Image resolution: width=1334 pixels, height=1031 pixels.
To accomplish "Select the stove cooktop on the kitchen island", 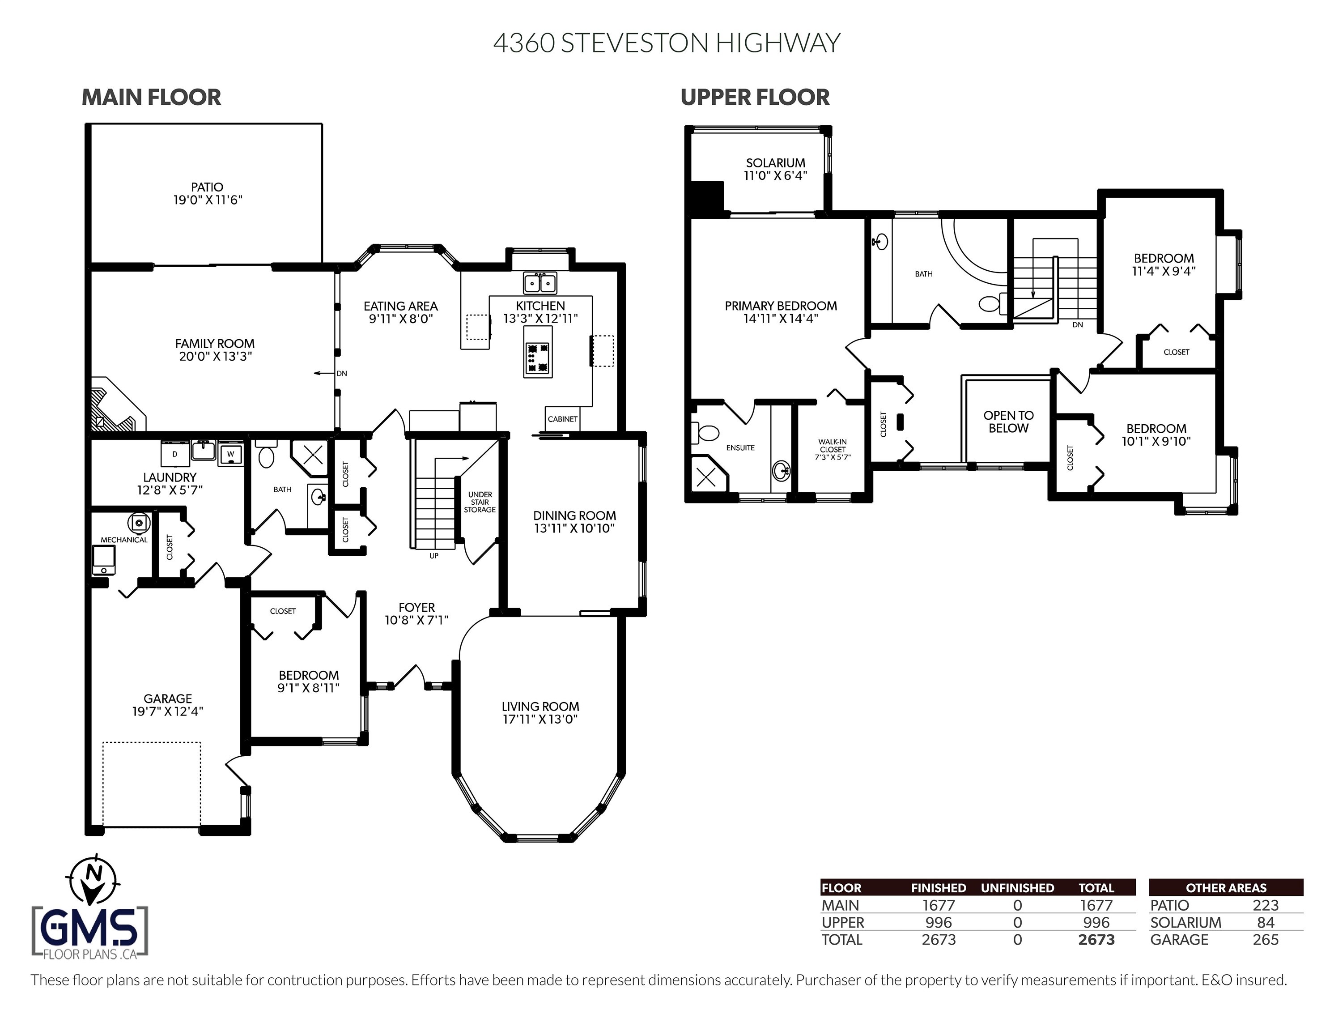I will tap(538, 358).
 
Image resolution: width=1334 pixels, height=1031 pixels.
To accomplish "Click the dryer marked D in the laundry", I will tap(174, 454).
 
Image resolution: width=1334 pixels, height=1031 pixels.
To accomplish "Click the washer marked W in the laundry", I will tap(231, 454).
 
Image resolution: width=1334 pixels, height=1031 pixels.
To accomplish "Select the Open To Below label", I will tap(1008, 422).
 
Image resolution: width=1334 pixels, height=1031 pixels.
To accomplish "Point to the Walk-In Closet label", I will tap(833, 449).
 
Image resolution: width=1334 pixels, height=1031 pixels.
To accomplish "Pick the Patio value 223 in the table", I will tap(1265, 905).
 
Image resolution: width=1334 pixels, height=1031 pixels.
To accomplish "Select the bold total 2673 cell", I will tap(1096, 939).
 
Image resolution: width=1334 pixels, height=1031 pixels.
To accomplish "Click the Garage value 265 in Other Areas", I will tap(1265, 939).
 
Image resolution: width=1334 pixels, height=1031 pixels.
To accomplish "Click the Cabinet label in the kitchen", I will tap(562, 419).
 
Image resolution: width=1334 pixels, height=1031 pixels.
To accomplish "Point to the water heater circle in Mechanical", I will tap(139, 523).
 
